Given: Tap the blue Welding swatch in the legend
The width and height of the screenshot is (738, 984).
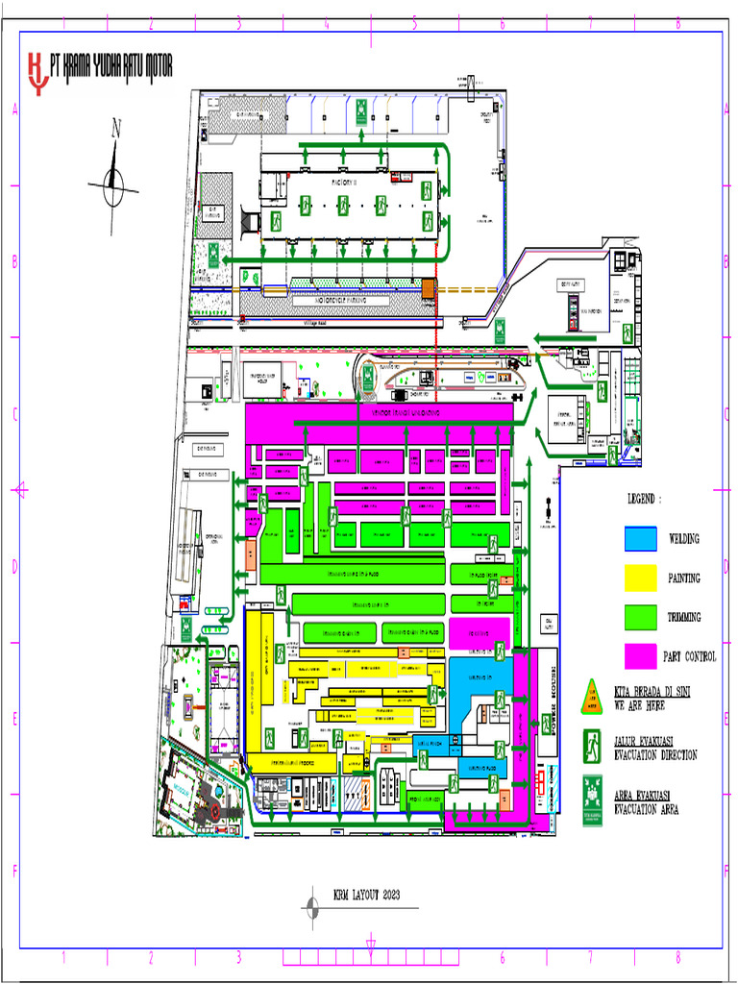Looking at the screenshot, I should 641,539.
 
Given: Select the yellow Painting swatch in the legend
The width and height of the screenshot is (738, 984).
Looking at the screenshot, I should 641,578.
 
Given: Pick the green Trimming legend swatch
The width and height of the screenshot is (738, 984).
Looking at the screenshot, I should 641,617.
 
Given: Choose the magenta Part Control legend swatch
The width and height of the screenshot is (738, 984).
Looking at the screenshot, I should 641,655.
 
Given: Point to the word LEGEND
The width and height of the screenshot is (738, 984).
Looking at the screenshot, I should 645,500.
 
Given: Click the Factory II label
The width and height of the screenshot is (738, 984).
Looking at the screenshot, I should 344,181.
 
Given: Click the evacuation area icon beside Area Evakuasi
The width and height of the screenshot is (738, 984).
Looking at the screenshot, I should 592,802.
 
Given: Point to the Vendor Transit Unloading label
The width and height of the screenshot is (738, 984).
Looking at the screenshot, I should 406,413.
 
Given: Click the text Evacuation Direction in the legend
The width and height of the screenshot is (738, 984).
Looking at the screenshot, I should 655,755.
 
